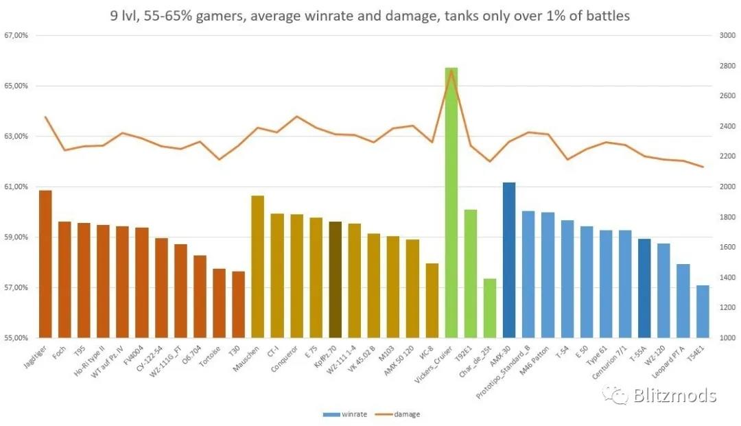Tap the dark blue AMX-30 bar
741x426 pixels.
[509, 260]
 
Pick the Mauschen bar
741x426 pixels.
[257, 267]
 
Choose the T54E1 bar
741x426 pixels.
[703, 311]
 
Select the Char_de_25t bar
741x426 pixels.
[489, 308]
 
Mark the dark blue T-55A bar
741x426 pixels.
[645, 288]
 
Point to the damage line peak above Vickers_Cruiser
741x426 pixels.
[451, 70]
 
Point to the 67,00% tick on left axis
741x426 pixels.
[15, 36]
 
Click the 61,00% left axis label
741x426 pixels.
[15, 187]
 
